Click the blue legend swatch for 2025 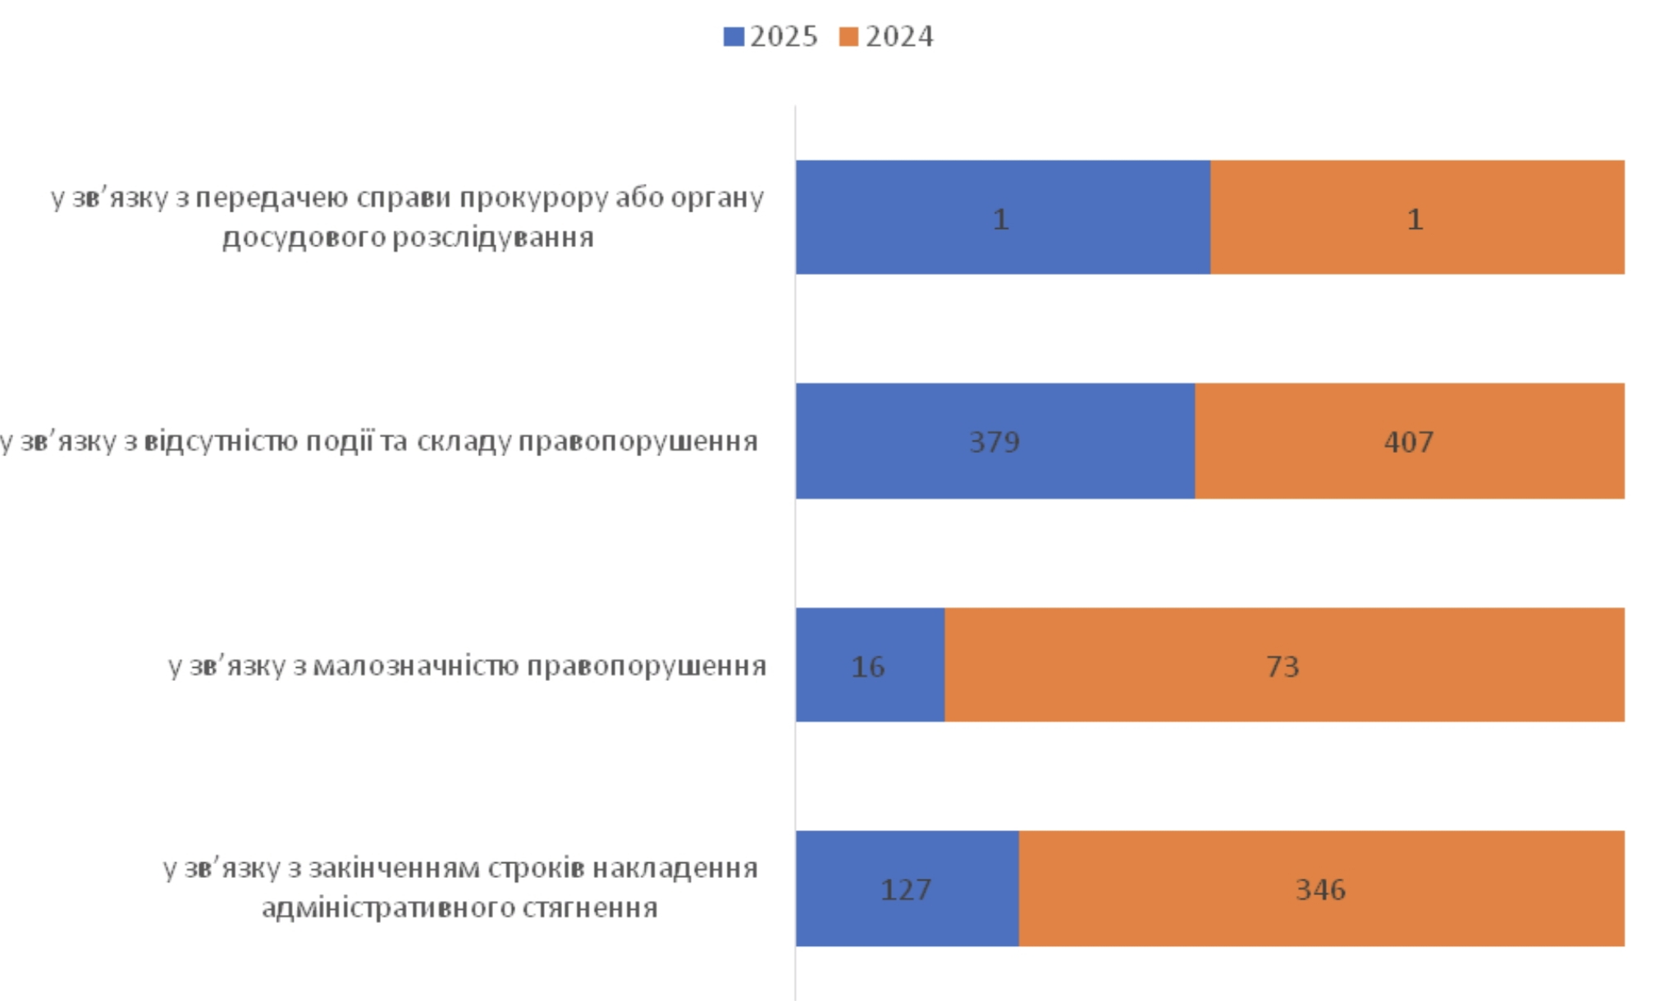[733, 37]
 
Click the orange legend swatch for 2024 [848, 37]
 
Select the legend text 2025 [784, 37]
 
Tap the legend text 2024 [899, 37]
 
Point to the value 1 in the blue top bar [1000, 220]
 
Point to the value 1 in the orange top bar [1415, 220]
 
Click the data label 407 [1408, 442]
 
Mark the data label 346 [1320, 889]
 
